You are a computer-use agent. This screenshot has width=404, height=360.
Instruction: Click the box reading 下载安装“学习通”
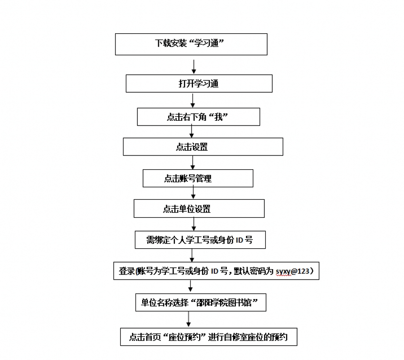pos(191,44)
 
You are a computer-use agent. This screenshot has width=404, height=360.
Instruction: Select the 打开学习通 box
pos(199,84)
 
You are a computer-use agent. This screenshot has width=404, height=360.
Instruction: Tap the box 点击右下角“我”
pos(198,117)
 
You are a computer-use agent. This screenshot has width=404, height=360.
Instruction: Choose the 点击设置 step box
pos(202,147)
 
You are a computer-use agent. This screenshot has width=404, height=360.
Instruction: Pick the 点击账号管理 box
pos(198,178)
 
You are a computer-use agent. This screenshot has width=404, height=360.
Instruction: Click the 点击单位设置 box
pos(199,209)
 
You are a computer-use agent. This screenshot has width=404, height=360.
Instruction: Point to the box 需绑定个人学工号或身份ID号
pos(199,240)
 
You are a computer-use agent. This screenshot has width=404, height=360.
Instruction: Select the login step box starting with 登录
pos(216,271)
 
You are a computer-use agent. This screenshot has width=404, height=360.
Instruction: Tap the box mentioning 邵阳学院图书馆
pos(200,302)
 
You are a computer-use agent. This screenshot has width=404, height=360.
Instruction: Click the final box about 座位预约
pos(209,337)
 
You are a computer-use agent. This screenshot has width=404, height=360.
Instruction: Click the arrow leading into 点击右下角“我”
pos(192,100)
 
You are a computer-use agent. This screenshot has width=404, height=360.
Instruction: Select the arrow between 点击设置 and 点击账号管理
pos(192,163)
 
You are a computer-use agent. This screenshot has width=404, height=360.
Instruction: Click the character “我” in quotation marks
pos(219,117)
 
